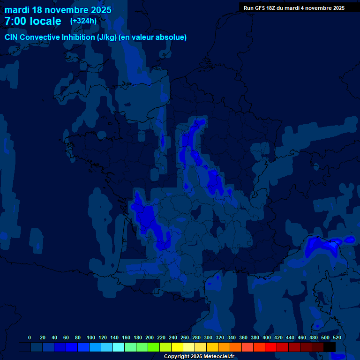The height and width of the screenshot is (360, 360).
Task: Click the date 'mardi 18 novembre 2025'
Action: point(58,10)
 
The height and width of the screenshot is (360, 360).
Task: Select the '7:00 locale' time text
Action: point(33,21)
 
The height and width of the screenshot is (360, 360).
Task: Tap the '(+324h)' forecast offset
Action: point(83,21)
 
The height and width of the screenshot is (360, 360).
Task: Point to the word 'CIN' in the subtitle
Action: point(12,37)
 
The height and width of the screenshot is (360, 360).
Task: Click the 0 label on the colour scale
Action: point(30,337)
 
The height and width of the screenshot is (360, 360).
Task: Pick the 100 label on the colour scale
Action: point(91,337)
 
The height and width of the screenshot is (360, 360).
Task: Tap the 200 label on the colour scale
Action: point(150,337)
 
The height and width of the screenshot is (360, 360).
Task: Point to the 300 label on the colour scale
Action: point(208,337)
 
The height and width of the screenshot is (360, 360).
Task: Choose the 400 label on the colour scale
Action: point(267,337)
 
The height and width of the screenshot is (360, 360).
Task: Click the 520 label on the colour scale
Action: point(337,337)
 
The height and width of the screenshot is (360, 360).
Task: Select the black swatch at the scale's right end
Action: point(330,347)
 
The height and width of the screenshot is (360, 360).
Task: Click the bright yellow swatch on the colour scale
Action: point(177,347)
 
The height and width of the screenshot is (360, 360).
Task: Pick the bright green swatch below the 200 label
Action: point(154,347)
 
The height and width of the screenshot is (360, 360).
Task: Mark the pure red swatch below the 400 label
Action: point(271,347)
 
